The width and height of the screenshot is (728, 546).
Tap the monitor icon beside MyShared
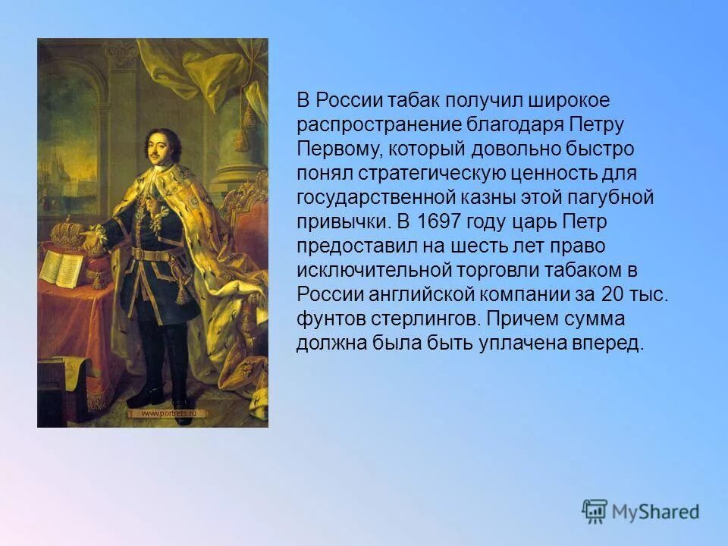pos(595,510)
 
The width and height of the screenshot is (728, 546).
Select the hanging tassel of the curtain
pos(244,133)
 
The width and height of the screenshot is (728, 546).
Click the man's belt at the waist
pos(158,253)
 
